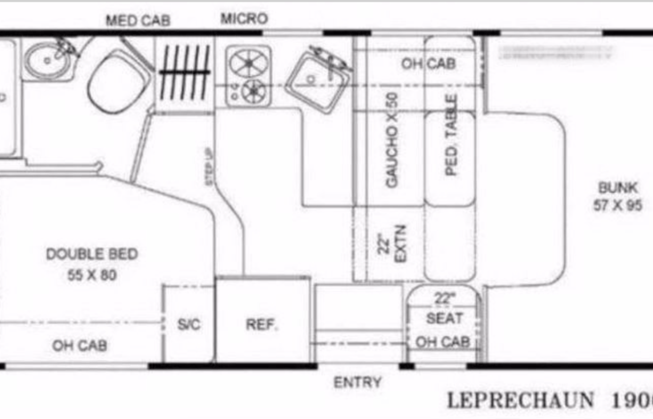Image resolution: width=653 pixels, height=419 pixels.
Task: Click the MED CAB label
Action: point(138,21)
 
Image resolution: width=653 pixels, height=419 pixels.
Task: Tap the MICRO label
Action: point(243,19)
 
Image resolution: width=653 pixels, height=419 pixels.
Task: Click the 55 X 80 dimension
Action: point(92,275)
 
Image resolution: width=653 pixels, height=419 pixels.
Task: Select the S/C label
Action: point(188,324)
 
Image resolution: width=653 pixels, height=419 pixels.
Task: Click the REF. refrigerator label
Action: point(262,324)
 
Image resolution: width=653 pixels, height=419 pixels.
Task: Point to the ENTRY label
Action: point(357,383)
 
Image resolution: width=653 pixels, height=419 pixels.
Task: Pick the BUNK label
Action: point(618,189)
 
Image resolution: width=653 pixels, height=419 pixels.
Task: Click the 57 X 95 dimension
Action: point(618,205)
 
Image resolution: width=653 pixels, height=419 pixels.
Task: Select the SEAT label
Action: point(444,318)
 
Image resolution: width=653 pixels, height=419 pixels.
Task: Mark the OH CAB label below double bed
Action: point(80,347)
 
